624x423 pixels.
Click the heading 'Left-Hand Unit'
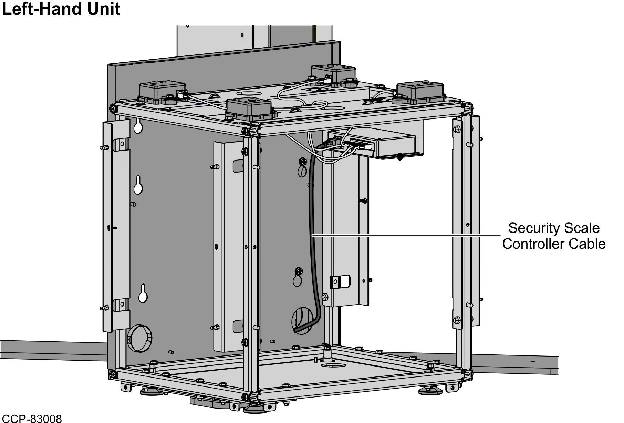pos(61,9)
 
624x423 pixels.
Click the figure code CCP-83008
pos(32,418)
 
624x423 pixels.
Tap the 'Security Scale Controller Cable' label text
pos(554,236)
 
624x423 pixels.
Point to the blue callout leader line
pos(406,236)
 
